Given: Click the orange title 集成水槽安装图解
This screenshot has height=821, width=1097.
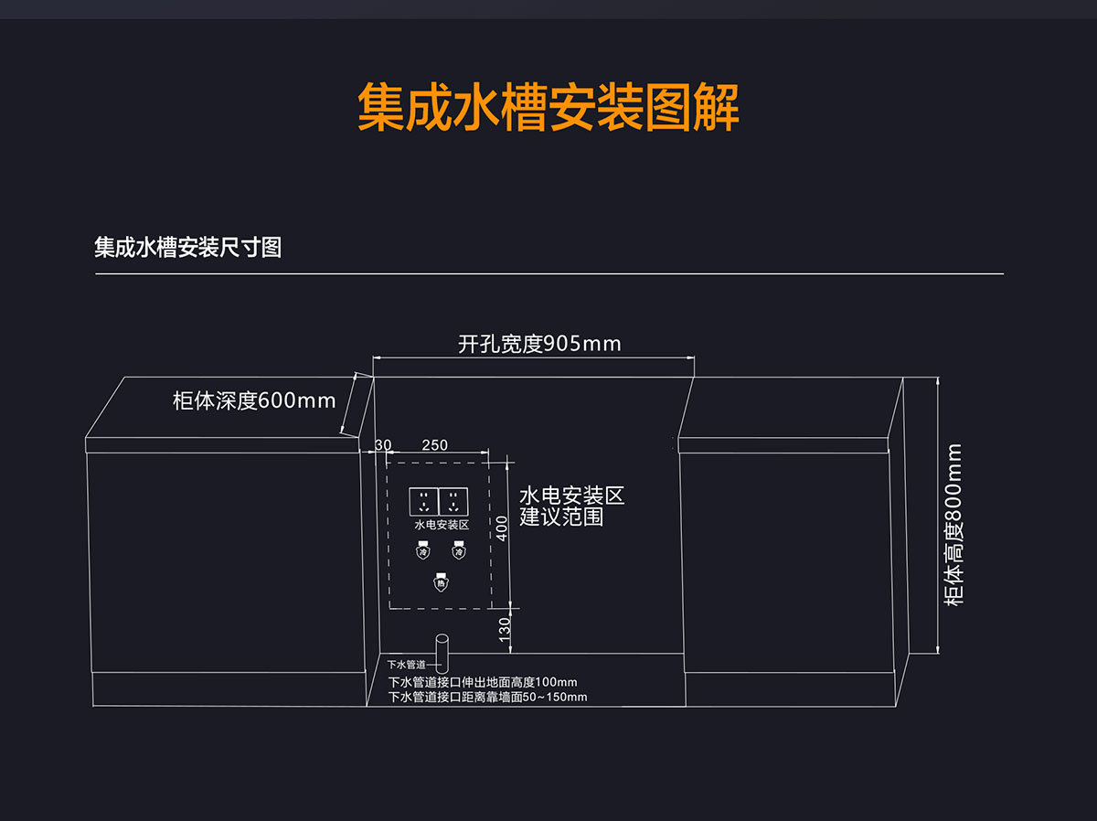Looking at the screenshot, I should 548,109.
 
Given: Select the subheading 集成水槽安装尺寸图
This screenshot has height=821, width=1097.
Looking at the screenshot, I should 187,248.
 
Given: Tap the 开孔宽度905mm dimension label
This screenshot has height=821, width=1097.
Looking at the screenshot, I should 539,344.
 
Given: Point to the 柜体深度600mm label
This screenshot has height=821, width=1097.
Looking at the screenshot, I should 254,400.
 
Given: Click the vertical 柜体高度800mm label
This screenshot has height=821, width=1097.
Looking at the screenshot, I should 955,524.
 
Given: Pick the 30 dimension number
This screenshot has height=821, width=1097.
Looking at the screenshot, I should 383,445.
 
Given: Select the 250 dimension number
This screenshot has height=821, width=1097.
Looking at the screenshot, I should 435,445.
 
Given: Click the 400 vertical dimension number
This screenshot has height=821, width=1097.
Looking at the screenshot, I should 501,528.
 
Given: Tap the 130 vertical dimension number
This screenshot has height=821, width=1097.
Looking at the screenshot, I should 505,629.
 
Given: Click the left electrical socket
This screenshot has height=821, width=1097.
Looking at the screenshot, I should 423,502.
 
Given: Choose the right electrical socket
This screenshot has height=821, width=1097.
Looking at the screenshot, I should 453,502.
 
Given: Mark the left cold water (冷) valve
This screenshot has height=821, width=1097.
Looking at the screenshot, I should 422,551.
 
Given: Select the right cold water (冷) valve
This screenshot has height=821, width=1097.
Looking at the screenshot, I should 458,551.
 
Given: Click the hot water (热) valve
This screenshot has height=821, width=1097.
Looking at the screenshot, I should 441,581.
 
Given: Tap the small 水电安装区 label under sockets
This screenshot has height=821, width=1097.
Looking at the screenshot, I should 442,525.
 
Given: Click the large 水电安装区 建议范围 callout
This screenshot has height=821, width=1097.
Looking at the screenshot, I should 571,506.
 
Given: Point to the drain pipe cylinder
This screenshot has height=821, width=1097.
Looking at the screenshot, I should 442,654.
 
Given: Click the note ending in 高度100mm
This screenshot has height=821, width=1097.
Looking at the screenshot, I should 483,682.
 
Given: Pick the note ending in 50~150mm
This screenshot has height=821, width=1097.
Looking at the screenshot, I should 487,697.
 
